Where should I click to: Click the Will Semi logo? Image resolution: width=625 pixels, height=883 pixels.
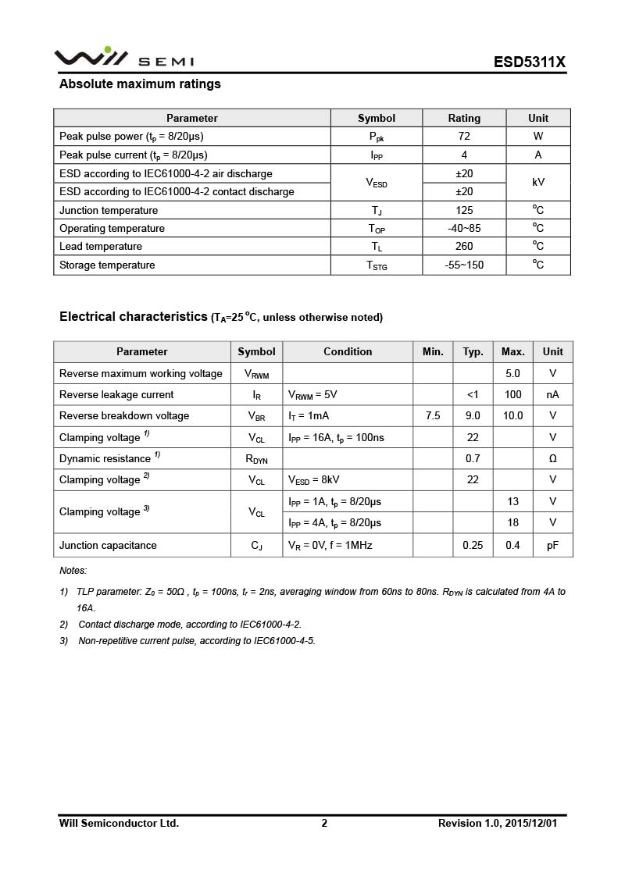click(123, 58)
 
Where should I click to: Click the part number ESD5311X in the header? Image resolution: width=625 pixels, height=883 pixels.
click(529, 62)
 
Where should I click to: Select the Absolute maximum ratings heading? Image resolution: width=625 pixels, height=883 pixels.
click(140, 84)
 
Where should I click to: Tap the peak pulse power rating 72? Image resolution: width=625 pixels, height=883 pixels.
click(464, 136)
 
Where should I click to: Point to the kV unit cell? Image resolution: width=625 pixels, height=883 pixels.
click(538, 182)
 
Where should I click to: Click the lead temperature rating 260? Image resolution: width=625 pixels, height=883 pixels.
click(464, 247)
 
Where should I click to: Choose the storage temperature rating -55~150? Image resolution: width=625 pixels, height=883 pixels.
click(464, 265)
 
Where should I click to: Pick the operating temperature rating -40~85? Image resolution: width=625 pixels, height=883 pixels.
click(464, 229)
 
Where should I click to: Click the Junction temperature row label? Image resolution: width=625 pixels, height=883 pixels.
click(109, 211)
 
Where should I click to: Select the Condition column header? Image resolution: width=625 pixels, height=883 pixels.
click(348, 352)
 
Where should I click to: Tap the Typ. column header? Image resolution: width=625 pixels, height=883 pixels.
click(473, 352)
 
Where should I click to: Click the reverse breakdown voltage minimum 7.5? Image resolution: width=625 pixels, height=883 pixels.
click(433, 416)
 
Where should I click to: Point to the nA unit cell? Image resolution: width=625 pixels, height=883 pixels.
click(552, 395)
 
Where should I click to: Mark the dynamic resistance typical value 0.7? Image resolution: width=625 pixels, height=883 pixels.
click(473, 459)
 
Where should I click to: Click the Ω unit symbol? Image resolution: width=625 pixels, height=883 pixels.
click(552, 459)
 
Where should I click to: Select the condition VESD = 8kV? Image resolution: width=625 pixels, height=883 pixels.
click(314, 480)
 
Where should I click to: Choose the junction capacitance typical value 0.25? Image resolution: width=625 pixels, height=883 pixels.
click(473, 546)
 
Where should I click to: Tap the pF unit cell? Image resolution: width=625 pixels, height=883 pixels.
click(552, 546)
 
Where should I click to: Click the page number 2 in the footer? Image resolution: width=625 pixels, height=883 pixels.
click(324, 823)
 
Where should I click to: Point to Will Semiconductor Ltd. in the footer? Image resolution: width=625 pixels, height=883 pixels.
click(119, 823)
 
